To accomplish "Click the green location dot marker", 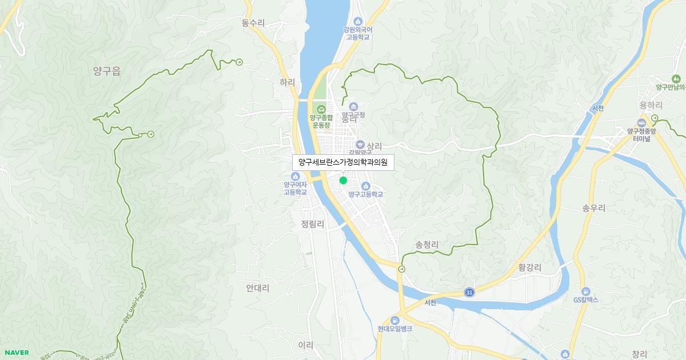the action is (343, 180).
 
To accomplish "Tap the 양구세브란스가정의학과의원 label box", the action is (343, 162).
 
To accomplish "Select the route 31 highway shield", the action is (469, 292).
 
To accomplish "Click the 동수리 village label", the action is (253, 23).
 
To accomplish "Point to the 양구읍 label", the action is (107, 71).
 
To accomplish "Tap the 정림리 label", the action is (312, 225).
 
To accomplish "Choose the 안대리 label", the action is (257, 288).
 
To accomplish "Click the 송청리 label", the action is (426, 245).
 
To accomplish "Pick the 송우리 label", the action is (593, 208).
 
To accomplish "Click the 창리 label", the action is (639, 354).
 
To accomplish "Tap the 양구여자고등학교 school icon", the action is (295, 175).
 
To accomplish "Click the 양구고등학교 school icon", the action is (365, 185).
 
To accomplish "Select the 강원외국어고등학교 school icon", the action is (358, 21).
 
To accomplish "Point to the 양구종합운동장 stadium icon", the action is (321, 109).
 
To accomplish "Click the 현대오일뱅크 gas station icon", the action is (394, 319).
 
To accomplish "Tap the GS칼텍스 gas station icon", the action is (585, 291).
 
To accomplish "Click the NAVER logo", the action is (17, 353).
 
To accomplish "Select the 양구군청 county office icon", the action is (353, 106).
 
